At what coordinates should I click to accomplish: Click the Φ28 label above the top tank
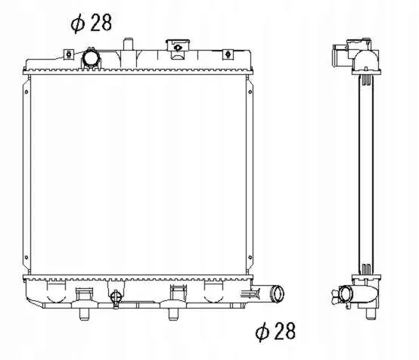pos(91,23)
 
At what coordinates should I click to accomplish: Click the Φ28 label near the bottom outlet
pos(275,331)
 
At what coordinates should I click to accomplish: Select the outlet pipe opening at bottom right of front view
pos(278,293)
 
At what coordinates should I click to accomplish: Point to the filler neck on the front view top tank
pos(178,48)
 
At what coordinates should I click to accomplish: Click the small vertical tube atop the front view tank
pos(128,44)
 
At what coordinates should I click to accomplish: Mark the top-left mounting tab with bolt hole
pos(69,54)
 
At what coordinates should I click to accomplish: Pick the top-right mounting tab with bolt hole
pos(228,54)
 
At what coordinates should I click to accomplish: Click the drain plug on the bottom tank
pos(116,299)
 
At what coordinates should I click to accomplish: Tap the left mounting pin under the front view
pos(84,314)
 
